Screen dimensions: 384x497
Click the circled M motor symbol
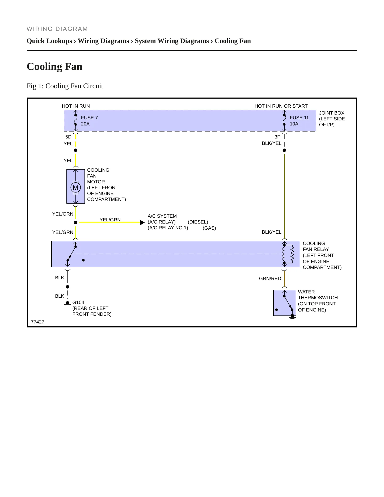(x=75, y=188)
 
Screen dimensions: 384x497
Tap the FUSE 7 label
(x=89, y=118)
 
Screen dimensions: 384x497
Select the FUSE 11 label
(x=299, y=118)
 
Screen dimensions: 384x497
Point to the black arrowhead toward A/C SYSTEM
(x=142, y=222)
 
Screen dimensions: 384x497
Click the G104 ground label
(x=78, y=302)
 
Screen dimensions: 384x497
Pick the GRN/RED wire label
(x=270, y=279)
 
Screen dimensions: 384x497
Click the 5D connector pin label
(x=68, y=137)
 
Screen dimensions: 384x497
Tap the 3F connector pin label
(x=277, y=137)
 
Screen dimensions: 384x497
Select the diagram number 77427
(x=38, y=322)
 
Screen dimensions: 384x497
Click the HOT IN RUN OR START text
(x=281, y=106)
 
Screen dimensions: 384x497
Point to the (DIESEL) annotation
(x=198, y=222)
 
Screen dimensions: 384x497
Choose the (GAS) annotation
(x=209, y=228)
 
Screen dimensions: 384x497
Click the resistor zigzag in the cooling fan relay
(x=293, y=254)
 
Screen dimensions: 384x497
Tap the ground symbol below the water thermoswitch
(x=292, y=317)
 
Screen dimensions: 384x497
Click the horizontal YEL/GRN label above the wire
(x=110, y=220)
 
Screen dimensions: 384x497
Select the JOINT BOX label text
(x=332, y=113)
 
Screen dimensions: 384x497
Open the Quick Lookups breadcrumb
(x=49, y=41)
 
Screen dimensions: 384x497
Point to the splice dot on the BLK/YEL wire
(x=284, y=150)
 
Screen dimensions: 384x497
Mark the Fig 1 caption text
(x=65, y=86)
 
